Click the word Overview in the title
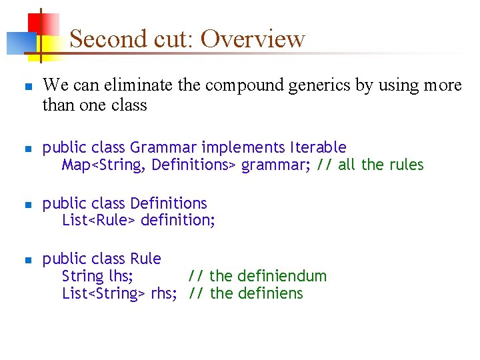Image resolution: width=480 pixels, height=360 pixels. (253, 39)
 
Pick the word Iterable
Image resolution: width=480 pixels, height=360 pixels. (318, 147)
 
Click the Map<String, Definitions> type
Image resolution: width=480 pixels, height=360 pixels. (149, 164)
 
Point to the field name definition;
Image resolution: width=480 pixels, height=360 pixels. (177, 220)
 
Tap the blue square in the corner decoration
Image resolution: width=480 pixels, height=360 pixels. (17, 43)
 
